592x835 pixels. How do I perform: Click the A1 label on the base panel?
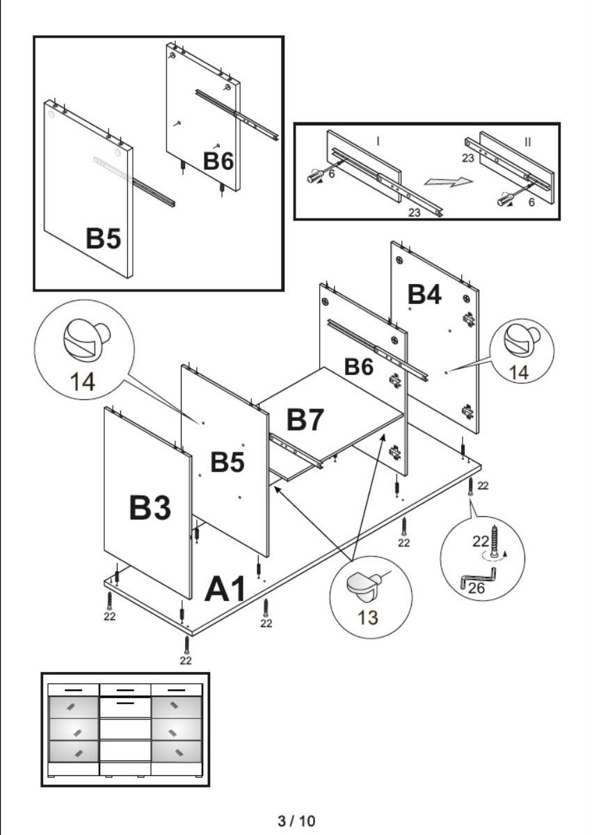point(225,589)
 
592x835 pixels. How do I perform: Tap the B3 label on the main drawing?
point(150,510)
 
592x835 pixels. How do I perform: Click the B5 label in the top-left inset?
point(103,239)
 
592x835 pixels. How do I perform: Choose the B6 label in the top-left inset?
point(218,161)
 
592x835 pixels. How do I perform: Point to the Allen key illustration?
point(480,576)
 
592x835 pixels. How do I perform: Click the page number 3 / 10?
point(296,821)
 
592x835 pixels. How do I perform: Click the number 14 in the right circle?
point(518,372)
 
